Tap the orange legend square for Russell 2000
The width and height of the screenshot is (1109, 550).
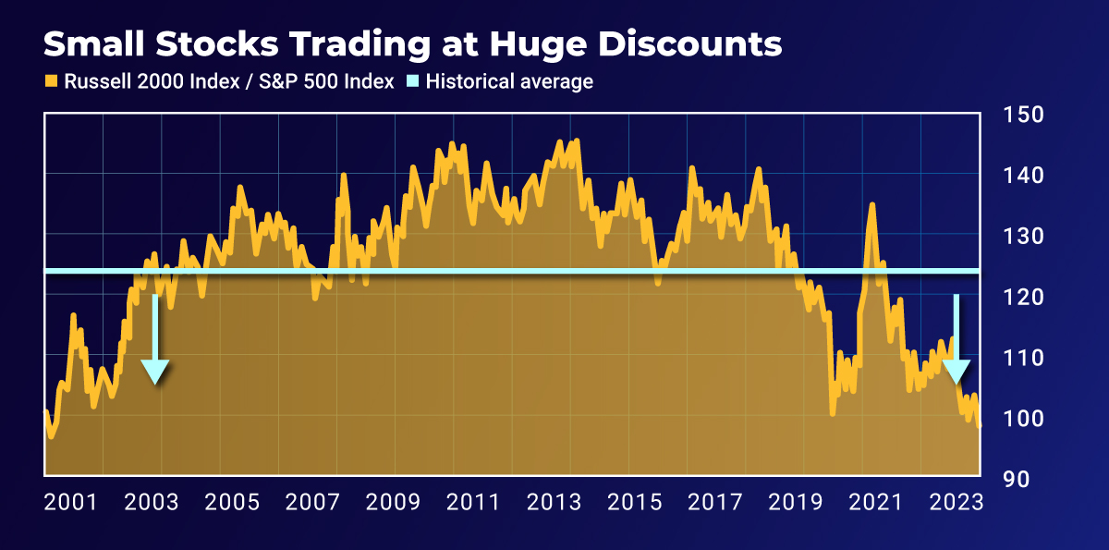(52, 81)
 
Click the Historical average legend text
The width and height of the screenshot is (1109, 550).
(508, 81)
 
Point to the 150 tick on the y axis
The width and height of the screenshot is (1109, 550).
(1023, 116)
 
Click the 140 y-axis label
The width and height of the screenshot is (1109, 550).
(1023, 176)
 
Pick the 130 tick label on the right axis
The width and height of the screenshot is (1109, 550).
(1023, 237)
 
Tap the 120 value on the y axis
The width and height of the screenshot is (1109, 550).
(1023, 298)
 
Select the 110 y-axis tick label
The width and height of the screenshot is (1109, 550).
(1023, 358)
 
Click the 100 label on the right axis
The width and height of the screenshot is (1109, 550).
(1023, 419)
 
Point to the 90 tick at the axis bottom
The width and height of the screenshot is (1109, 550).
(1017, 479)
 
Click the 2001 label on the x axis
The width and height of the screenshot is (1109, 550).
(71, 503)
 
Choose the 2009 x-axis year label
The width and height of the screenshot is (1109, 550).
(394, 503)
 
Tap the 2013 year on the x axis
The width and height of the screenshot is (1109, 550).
(554, 503)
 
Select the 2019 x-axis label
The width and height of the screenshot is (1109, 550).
(795, 503)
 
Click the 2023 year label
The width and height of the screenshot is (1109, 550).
(956, 503)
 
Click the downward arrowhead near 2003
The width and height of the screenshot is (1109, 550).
(155, 372)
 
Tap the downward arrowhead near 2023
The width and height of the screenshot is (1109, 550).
(956, 372)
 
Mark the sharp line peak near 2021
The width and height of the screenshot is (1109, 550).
(871, 205)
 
